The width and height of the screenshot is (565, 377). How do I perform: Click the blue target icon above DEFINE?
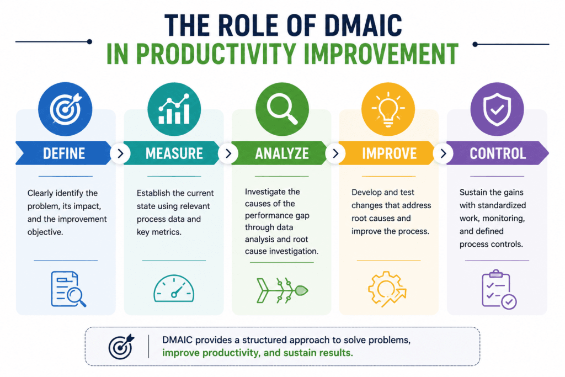tap(65, 109)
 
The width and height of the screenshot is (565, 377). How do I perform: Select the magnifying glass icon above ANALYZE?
tap(282, 109)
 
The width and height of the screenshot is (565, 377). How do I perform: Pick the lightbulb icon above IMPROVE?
tap(388, 109)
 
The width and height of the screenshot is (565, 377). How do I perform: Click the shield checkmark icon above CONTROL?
tap(497, 109)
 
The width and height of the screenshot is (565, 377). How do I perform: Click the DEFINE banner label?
tap(64, 153)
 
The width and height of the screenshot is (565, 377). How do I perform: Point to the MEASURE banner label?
tap(174, 153)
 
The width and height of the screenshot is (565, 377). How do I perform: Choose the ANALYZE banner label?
tap(282, 153)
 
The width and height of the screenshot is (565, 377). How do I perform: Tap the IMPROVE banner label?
tap(389, 153)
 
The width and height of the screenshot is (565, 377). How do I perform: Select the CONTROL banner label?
tap(498, 153)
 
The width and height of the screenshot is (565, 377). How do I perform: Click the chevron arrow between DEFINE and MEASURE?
tap(120, 153)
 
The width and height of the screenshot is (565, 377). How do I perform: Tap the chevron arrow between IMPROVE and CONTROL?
tap(443, 153)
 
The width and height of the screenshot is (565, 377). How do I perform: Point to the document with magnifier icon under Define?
tap(68, 289)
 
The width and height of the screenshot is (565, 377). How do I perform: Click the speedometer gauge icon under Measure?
tap(174, 288)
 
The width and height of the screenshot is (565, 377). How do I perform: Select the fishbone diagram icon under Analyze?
tap(282, 290)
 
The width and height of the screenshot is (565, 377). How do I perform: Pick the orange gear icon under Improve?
tap(387, 289)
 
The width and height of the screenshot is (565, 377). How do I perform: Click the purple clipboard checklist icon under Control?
tap(499, 289)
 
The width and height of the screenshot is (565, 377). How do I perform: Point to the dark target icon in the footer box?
tap(121, 346)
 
